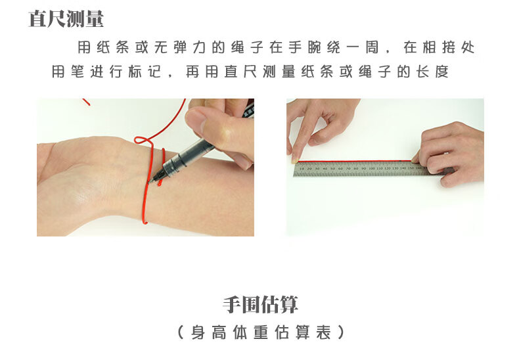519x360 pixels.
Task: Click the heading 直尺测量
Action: coord(66,18)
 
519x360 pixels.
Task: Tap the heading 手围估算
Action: coord(261,305)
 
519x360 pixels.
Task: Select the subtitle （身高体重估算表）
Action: coord(261,332)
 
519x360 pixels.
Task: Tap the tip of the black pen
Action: coord(149,182)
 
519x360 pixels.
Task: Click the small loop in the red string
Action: coord(143,140)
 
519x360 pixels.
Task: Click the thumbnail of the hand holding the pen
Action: coord(145,167)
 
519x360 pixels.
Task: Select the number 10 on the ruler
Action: coord(302,168)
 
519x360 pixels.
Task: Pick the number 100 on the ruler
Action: coord(372,168)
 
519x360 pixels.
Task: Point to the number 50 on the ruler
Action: coord(332,168)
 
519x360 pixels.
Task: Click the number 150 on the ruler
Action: coord(411,168)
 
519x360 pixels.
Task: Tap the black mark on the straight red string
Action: coord(401,162)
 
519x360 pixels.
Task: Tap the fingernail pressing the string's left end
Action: coord(294,160)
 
